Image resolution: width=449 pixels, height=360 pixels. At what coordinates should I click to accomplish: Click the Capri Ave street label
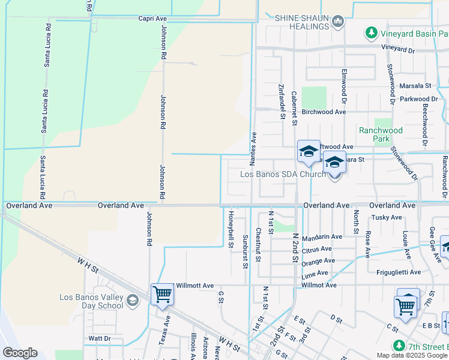[x=152, y=19]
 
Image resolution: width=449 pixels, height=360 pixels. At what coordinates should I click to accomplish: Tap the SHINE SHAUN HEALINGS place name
[x=303, y=22]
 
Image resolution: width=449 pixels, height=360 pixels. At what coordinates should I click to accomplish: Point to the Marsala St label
[x=416, y=86]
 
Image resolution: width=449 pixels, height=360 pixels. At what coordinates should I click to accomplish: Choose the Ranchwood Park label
[x=381, y=134]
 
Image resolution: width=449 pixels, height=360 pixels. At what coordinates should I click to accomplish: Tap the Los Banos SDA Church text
[x=283, y=175]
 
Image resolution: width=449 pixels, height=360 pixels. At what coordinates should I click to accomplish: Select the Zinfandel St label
[x=282, y=97]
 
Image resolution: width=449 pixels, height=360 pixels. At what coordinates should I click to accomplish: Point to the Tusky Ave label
[x=387, y=217]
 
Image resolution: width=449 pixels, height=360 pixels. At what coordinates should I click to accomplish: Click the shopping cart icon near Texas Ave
[x=162, y=295]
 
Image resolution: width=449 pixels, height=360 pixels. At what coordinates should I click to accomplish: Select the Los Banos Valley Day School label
[x=91, y=301]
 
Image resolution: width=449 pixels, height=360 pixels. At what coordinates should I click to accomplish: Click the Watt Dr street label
[x=100, y=338]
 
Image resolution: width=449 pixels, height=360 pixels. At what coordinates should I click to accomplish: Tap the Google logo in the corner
[x=20, y=353]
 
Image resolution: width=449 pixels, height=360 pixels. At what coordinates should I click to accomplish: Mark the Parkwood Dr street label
[x=419, y=99]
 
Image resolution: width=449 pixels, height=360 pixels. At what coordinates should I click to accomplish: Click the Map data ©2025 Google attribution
[x=412, y=355]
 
